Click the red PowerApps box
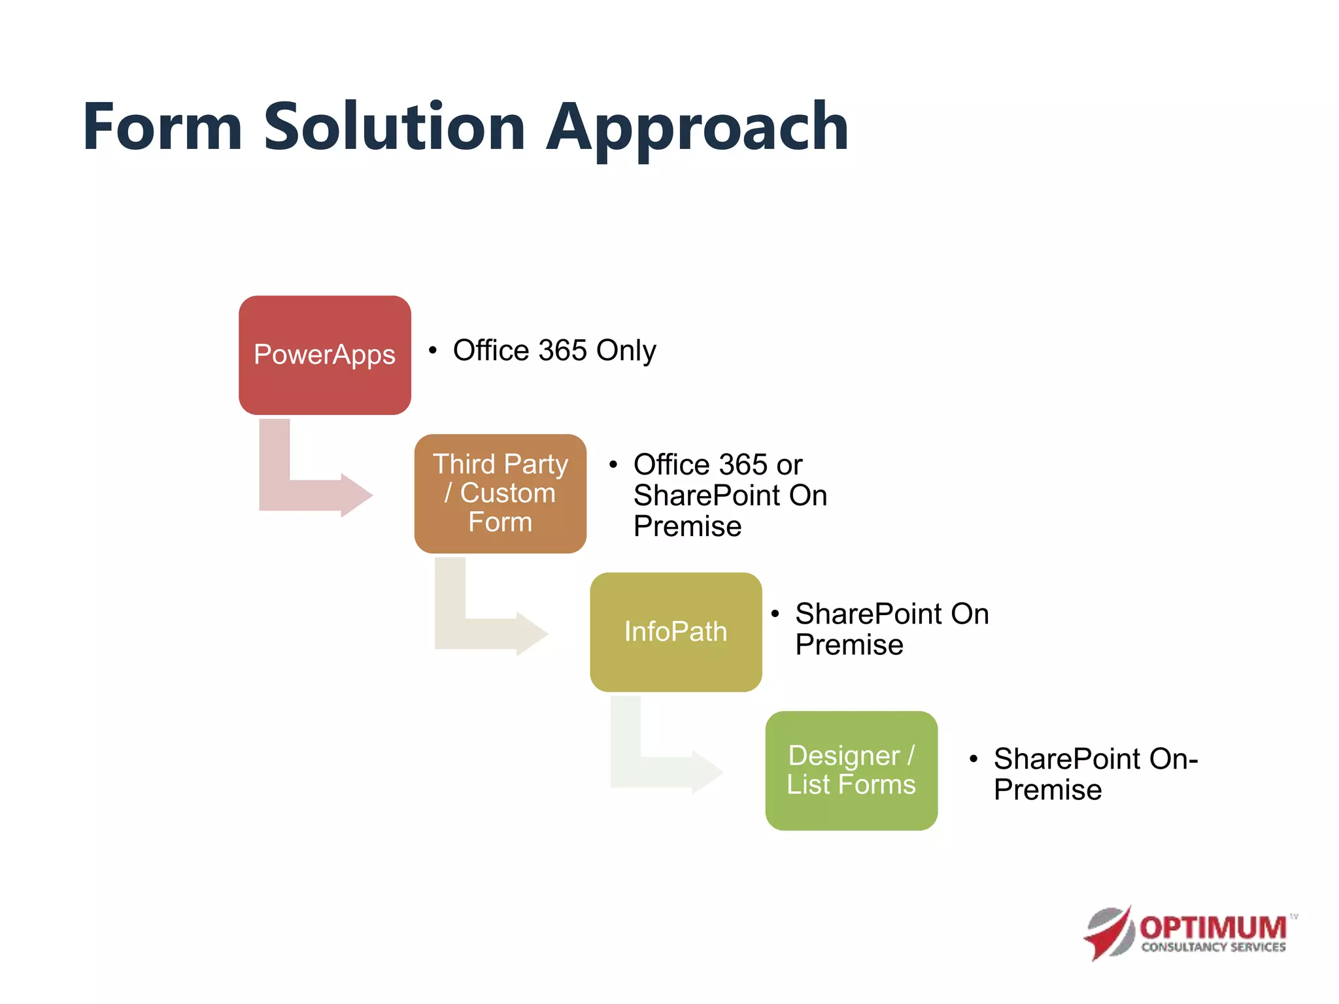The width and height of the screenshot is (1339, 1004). (x=324, y=355)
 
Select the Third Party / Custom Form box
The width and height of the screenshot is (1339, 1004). (x=500, y=494)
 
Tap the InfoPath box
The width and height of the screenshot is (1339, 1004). (x=675, y=632)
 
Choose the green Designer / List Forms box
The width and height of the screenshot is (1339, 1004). (x=851, y=771)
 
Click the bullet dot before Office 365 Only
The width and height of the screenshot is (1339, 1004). (x=433, y=350)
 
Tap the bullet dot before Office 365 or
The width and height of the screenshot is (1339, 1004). (x=613, y=465)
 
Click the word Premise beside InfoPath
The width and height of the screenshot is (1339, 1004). (x=849, y=645)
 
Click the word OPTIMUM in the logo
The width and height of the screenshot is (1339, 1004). (x=1213, y=928)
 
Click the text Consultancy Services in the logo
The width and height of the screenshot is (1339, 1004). (x=1213, y=947)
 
